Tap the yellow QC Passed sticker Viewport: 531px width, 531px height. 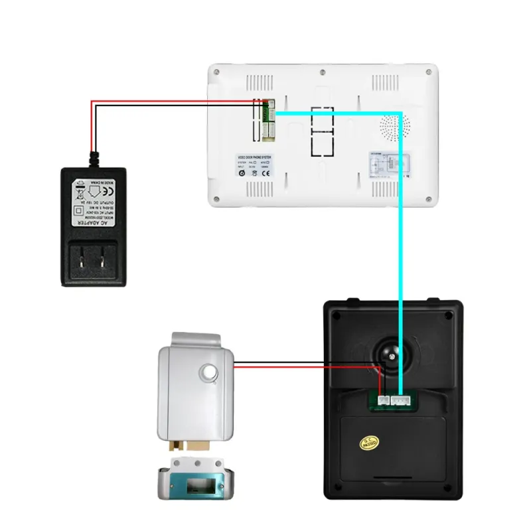(x=368, y=441)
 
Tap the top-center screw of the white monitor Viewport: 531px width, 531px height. (x=322, y=72)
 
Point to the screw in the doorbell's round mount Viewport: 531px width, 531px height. (x=393, y=356)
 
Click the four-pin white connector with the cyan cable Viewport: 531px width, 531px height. (x=401, y=400)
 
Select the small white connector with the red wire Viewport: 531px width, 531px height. (x=383, y=400)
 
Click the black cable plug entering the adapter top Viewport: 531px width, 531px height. (x=94, y=158)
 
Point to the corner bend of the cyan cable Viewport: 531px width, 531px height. (x=401, y=114)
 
